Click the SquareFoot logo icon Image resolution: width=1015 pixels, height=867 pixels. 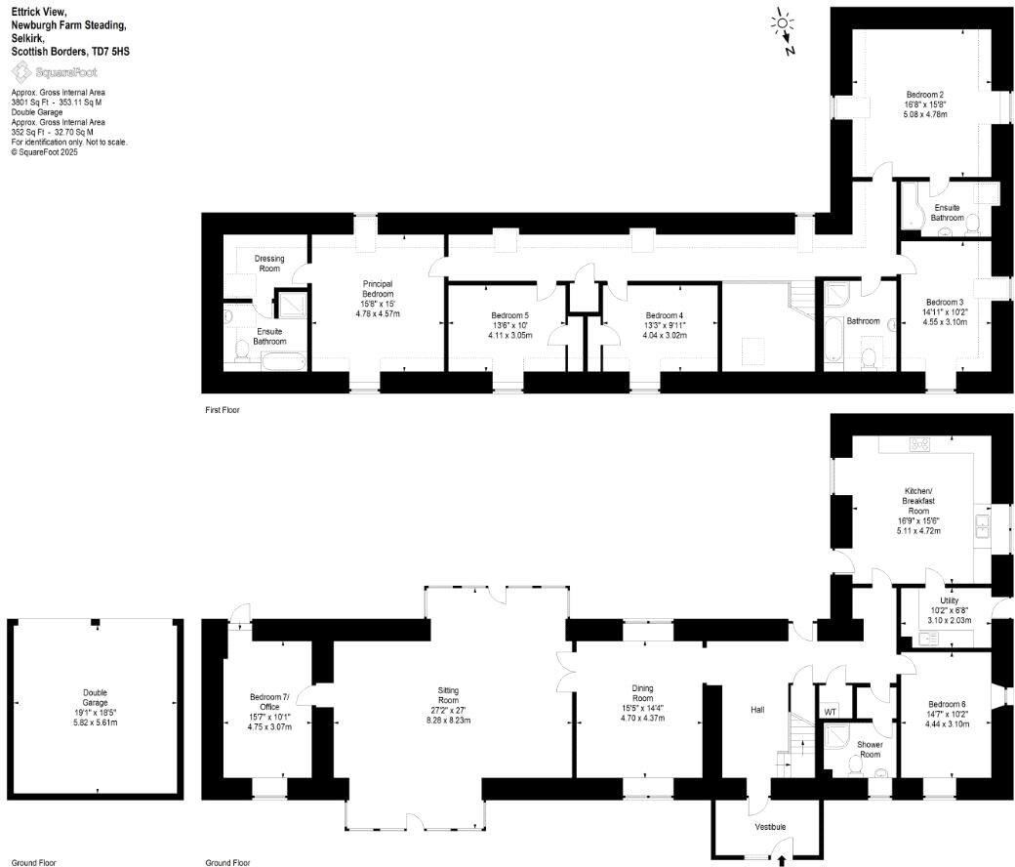(x=20, y=72)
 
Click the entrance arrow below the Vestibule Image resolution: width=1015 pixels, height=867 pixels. (x=782, y=860)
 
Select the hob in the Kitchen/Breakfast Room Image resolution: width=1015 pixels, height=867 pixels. (x=919, y=444)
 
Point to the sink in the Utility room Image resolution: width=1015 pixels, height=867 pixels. (x=929, y=638)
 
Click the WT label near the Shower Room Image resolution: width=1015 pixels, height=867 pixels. (x=831, y=711)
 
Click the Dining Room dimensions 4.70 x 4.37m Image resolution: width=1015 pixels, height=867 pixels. (x=642, y=718)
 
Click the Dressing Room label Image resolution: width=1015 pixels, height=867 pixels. (x=268, y=264)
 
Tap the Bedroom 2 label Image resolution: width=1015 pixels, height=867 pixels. (x=925, y=95)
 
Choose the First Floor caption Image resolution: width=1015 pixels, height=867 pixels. (x=221, y=410)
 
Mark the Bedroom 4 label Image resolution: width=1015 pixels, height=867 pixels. (x=664, y=315)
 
